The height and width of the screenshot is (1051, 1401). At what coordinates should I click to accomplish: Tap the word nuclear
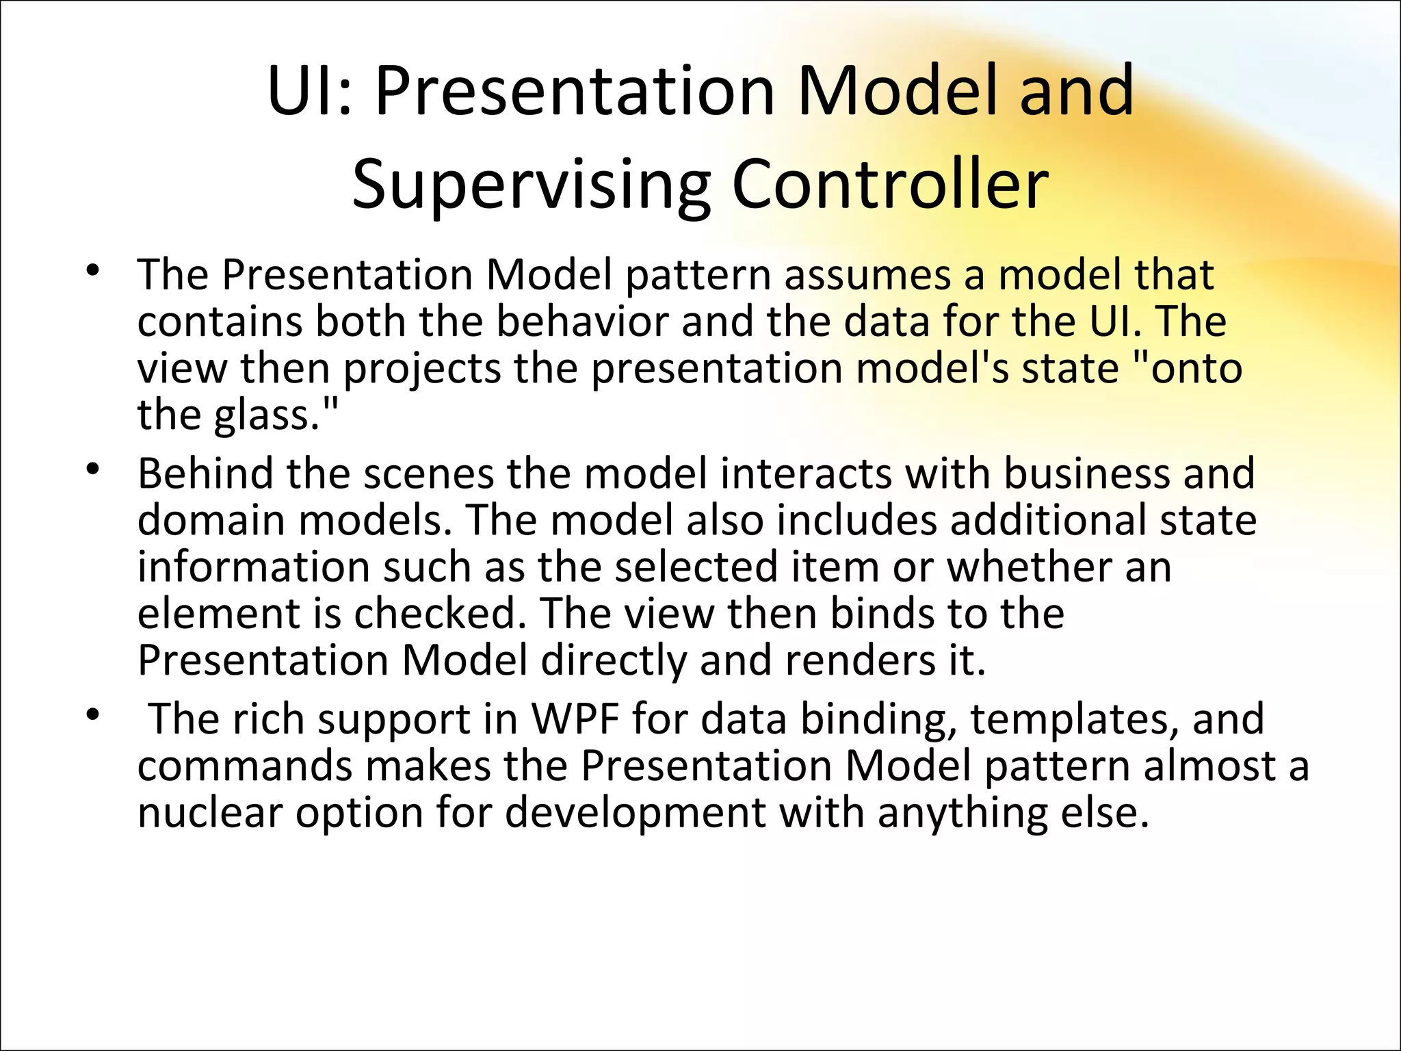click(210, 813)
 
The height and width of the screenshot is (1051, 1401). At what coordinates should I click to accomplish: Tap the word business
click(1086, 473)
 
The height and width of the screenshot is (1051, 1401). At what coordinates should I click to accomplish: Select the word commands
click(245, 766)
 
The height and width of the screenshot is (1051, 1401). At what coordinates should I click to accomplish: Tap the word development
click(636, 813)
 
